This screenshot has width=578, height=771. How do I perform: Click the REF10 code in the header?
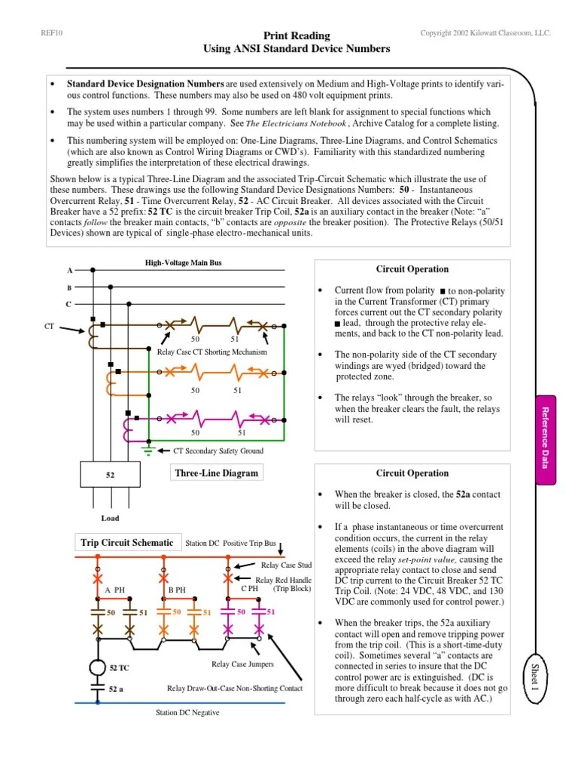point(50,34)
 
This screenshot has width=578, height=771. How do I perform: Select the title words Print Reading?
point(297,36)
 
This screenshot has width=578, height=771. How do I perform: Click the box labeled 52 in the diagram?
point(110,476)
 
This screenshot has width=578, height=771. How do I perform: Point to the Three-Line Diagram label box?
point(216,473)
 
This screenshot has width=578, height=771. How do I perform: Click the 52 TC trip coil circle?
point(96,668)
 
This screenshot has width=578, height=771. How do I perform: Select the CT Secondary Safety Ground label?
point(218,451)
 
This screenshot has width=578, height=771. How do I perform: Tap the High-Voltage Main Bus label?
point(183,263)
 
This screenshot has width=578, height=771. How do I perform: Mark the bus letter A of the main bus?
point(70,270)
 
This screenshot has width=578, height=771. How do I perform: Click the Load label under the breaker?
point(110,518)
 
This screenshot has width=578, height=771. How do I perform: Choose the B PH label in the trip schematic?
point(178,590)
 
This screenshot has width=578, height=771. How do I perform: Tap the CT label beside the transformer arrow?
point(50,325)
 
